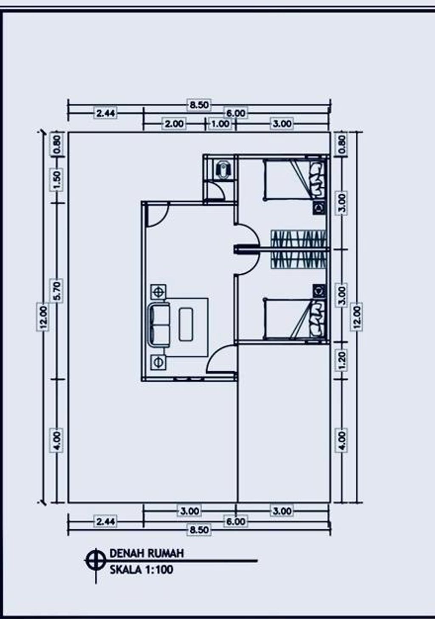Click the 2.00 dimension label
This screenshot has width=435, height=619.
click(x=174, y=124)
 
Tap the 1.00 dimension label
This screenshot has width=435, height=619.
click(x=220, y=124)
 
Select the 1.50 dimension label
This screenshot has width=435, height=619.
click(x=56, y=180)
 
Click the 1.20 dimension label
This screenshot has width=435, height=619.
click(x=342, y=360)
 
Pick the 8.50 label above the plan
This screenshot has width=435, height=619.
click(x=199, y=105)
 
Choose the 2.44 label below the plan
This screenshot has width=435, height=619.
click(x=105, y=522)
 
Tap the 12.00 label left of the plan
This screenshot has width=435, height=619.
click(x=43, y=318)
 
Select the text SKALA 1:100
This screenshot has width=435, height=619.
click(x=141, y=570)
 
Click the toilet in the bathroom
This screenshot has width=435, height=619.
click(x=222, y=169)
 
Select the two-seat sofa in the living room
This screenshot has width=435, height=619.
click(x=159, y=325)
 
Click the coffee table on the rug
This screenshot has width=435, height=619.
click(x=186, y=325)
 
